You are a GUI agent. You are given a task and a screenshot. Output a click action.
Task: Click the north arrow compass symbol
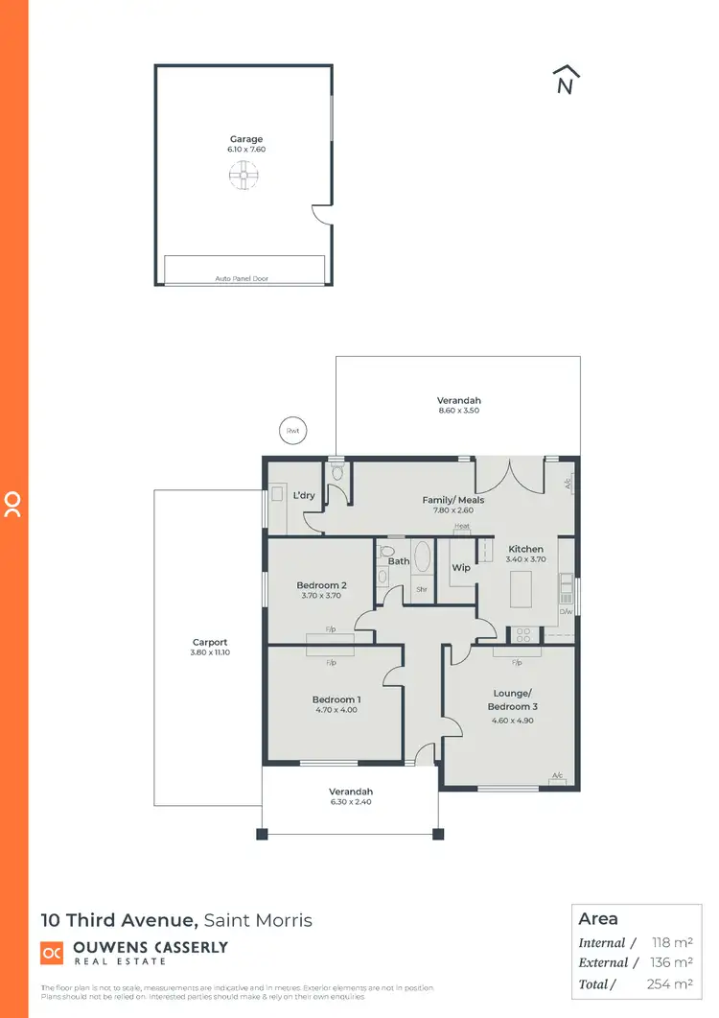[567, 81]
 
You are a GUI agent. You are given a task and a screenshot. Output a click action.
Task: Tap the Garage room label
[245, 139]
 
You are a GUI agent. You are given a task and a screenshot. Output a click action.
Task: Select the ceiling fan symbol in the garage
[244, 174]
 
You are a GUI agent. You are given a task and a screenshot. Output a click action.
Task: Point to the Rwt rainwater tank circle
[292, 431]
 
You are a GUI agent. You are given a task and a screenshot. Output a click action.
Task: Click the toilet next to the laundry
[336, 471]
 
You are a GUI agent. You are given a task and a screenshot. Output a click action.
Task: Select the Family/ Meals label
[453, 500]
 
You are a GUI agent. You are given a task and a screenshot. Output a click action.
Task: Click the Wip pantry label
[461, 568]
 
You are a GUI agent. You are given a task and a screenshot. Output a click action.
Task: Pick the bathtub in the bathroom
[422, 561]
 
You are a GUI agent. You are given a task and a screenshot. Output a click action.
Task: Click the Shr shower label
[421, 590]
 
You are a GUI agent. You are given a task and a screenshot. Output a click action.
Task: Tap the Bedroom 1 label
[336, 699]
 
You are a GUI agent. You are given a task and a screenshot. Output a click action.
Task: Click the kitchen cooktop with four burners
[523, 633]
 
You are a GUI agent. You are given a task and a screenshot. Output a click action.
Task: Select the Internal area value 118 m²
[672, 943]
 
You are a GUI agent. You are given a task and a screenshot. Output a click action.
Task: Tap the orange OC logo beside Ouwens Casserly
[52, 952]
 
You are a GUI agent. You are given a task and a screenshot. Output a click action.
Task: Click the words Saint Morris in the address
[258, 920]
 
